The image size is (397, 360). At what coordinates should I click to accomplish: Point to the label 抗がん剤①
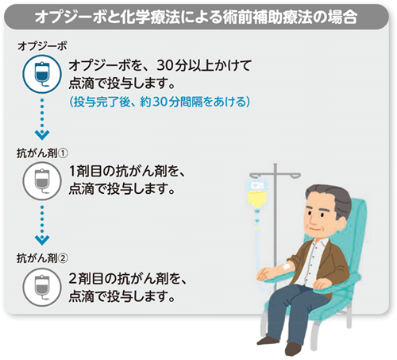(x=43, y=151)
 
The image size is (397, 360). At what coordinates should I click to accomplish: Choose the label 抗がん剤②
(x=43, y=257)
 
